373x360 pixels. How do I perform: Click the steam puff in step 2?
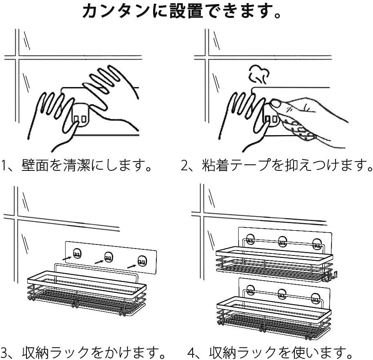click(257, 74)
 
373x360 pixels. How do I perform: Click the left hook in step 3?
click(76, 255)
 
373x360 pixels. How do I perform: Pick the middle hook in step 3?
click(108, 258)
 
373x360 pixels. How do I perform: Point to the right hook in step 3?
click(141, 261)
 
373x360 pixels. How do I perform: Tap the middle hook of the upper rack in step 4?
click(282, 242)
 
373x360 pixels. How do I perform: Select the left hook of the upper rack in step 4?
click(250, 241)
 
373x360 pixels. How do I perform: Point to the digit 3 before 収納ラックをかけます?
click(4, 351)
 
